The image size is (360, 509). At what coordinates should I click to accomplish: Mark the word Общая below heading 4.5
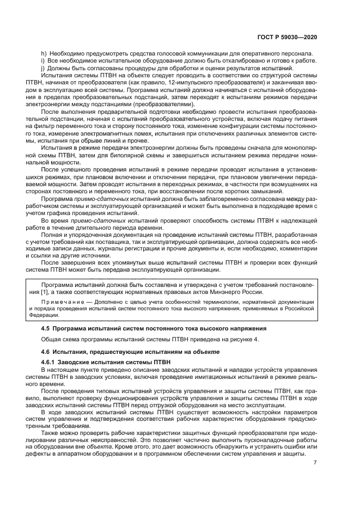point(52,339)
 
